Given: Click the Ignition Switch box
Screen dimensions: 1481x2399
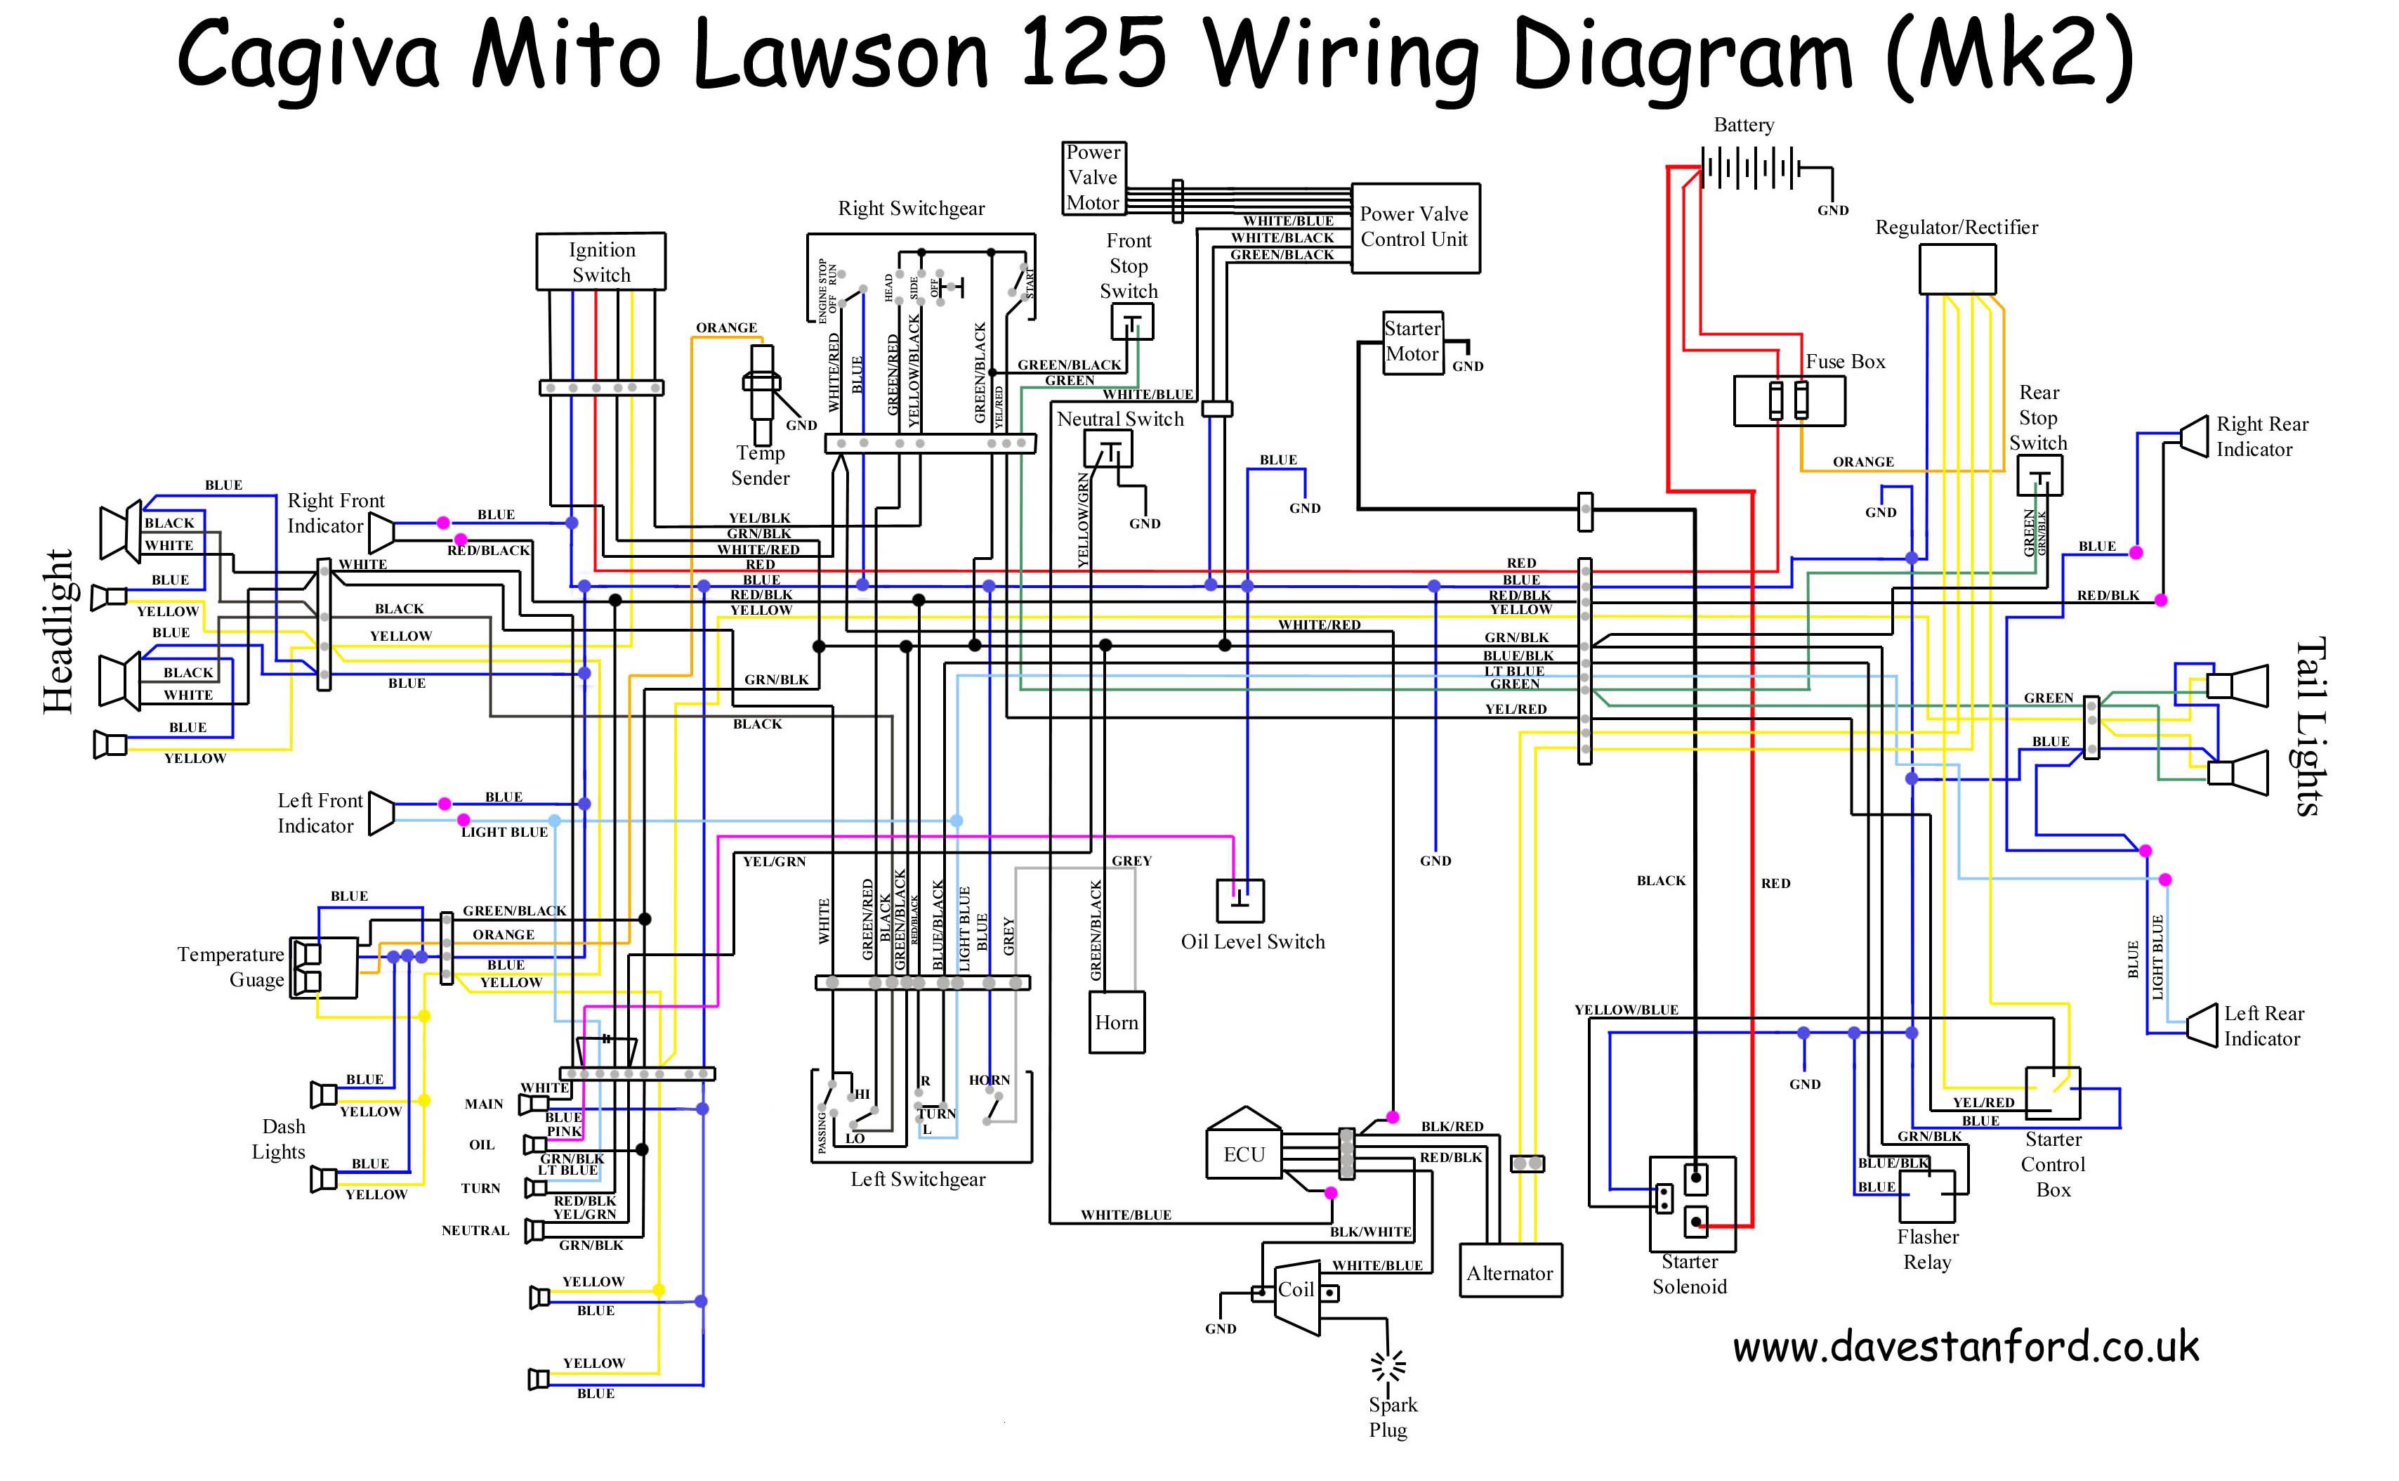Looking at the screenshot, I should click(x=600, y=261).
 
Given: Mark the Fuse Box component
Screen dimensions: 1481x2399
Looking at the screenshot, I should click(x=1788, y=400).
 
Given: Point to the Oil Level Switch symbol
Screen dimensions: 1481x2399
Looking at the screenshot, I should click(x=1239, y=899).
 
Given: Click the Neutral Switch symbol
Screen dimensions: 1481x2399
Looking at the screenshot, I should click(x=1108, y=450).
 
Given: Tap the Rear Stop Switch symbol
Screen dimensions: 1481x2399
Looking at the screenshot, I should click(x=2039, y=476).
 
